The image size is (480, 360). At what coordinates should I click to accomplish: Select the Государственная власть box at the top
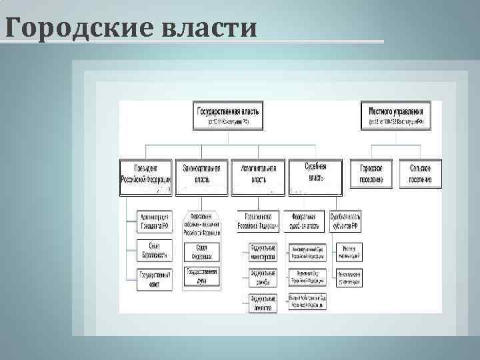[229, 115]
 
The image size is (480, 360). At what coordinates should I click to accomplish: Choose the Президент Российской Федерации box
[146, 174]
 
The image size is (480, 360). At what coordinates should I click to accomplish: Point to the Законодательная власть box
[202, 174]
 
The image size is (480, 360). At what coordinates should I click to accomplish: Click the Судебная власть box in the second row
[315, 174]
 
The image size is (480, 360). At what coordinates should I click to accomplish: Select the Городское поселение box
[371, 174]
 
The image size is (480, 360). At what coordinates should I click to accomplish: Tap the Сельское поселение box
[420, 174]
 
